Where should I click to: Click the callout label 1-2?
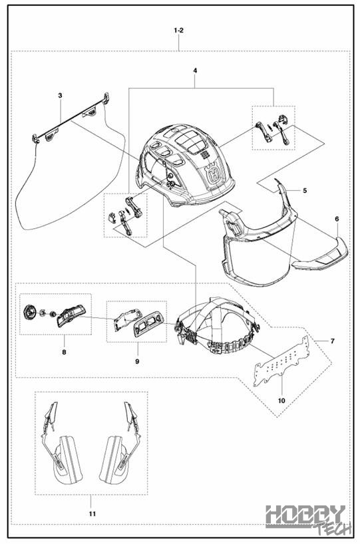tap(178, 31)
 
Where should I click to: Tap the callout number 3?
tap(60, 95)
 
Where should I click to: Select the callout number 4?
tap(195, 70)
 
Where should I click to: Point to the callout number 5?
tap(305, 190)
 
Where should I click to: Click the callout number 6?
tap(337, 219)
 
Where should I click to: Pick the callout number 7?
tap(333, 341)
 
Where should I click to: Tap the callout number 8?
tap(64, 352)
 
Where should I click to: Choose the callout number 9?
tap(137, 362)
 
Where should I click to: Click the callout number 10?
tap(281, 401)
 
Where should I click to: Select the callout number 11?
tap(92, 514)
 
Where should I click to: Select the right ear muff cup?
tap(114, 460)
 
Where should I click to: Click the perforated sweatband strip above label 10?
tap(281, 362)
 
